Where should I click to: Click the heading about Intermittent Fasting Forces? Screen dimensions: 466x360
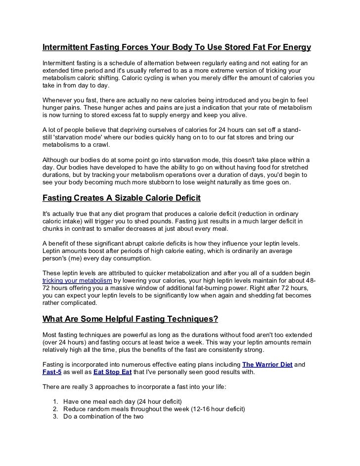pyautogui.click(x=177, y=48)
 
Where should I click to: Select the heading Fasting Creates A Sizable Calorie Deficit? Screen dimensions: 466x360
pyautogui.click(x=121, y=199)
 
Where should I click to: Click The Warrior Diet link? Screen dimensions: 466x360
pyautogui.click(x=268, y=364)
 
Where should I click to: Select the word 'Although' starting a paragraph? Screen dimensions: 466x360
pyautogui.click(x=56, y=160)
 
